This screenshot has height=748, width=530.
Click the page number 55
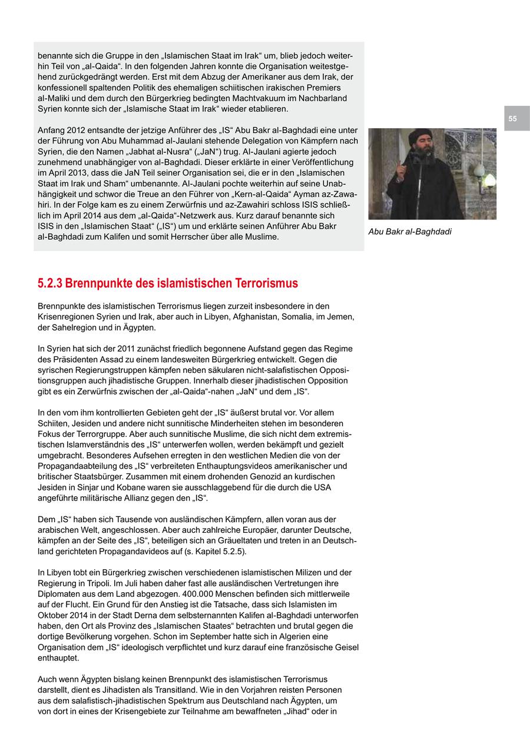pyautogui.click(x=512, y=119)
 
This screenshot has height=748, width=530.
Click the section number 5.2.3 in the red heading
pyautogui.click(x=49, y=283)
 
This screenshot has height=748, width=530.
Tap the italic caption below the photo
pyautogui.click(x=410, y=232)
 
